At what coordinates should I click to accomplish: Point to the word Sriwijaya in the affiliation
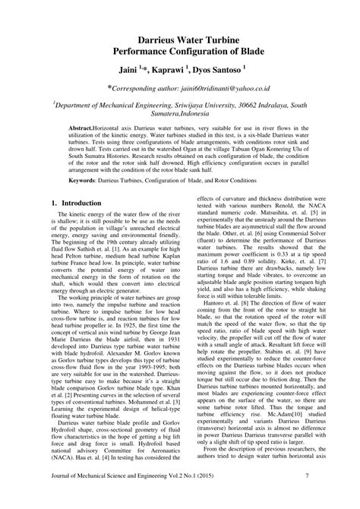205,109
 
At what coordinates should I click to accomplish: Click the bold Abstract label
84,131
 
